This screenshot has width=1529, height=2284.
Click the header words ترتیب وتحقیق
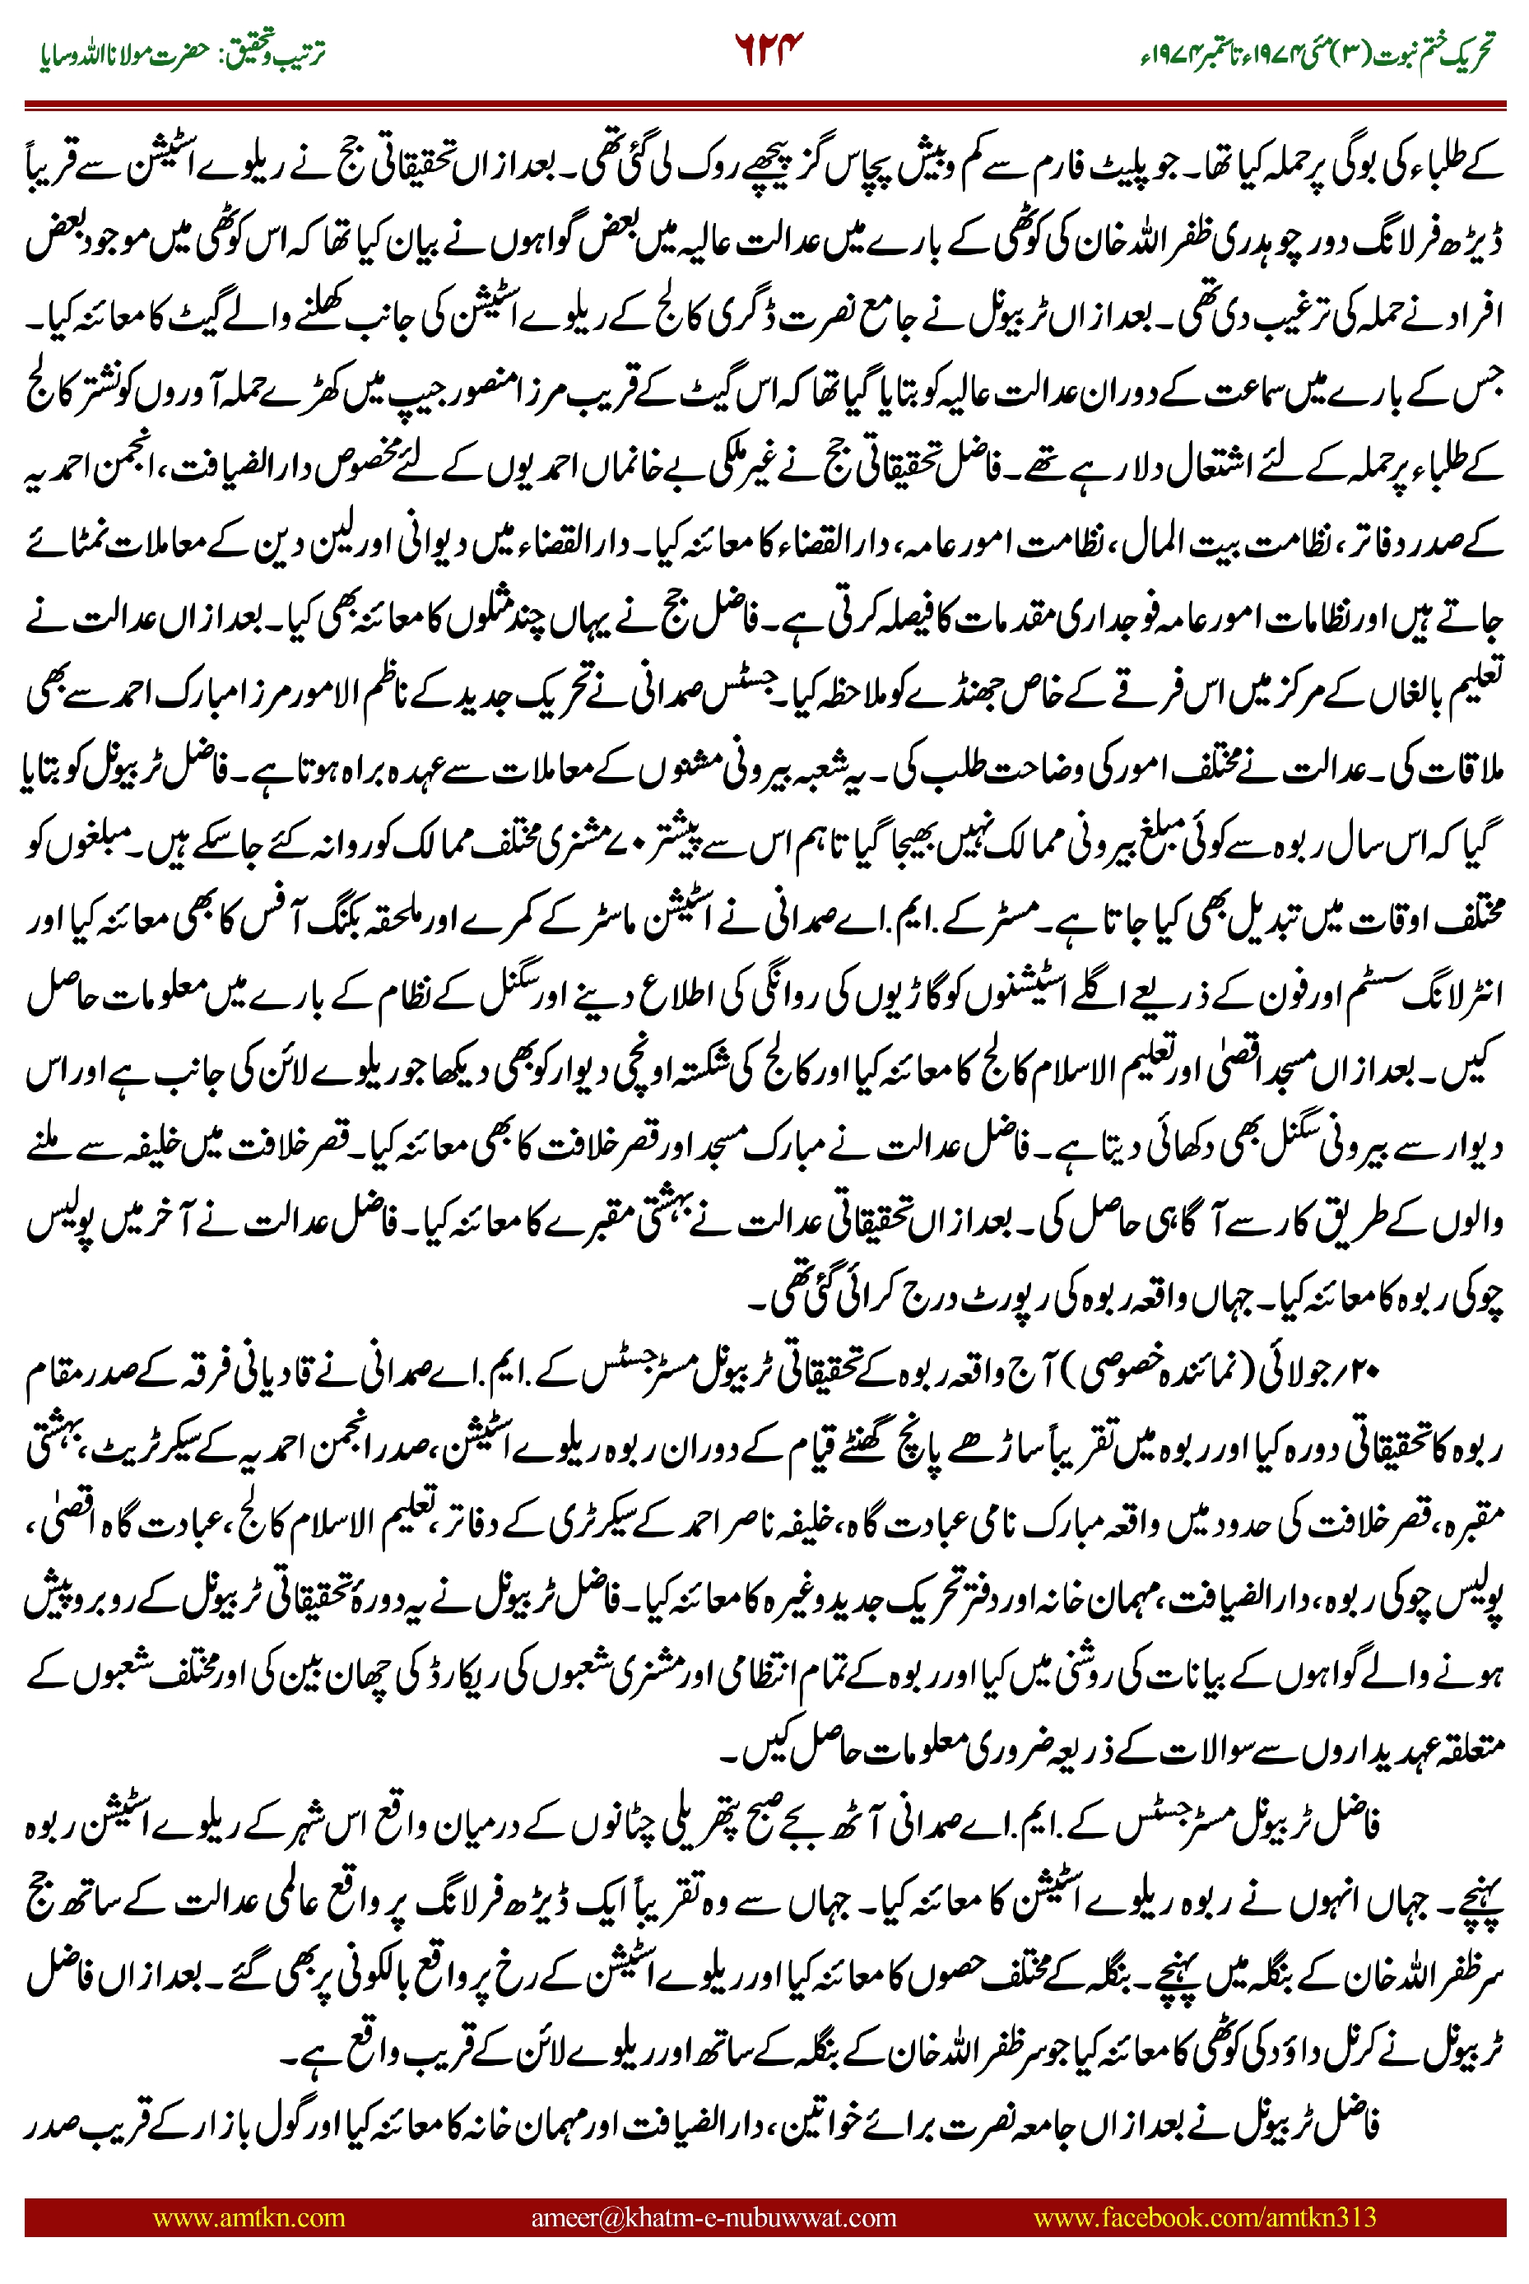(x=278, y=53)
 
